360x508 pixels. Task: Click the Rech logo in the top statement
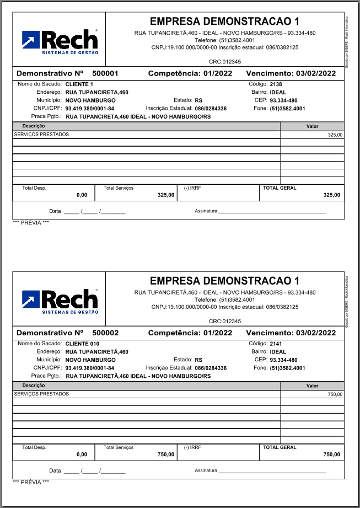59,41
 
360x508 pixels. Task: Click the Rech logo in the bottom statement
59,301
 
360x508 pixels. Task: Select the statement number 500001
105,73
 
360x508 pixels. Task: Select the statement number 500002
105,333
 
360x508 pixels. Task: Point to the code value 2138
276,84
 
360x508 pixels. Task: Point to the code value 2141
276,344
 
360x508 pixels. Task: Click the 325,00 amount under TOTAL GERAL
331,195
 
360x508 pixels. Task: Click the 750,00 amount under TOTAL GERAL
331,454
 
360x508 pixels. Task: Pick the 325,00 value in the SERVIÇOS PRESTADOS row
335,135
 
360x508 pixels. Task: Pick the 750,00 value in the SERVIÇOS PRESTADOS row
335,394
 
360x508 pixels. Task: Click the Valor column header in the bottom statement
313,386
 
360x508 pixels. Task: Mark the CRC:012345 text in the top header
225,61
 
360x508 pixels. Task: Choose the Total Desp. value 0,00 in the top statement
82,195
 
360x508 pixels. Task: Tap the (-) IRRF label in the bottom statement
192,447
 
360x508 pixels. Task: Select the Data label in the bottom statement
55,471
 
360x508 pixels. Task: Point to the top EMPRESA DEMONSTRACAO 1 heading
224,22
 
